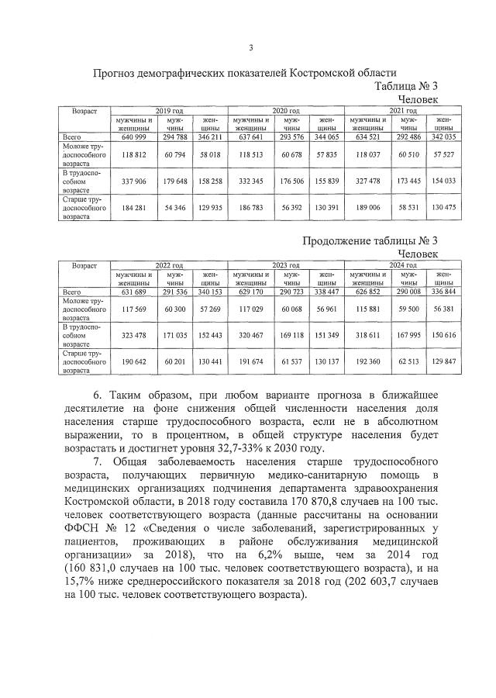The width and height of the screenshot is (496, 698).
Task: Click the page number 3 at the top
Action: point(250,48)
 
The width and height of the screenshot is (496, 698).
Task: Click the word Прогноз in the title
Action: point(118,74)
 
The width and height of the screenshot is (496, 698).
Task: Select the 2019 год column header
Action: point(169,112)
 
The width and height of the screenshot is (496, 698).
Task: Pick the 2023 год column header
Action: point(285,265)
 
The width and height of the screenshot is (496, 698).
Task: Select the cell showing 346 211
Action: point(208,136)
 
